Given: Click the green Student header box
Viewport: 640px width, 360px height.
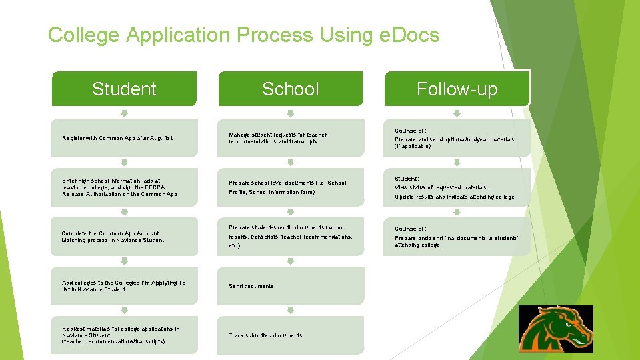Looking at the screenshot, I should [x=124, y=89].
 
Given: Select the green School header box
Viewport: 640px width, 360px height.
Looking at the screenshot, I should [x=291, y=89].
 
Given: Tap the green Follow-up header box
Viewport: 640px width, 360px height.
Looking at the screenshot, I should [x=457, y=89].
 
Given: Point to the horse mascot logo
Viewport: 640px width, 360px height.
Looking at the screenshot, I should [x=556, y=329].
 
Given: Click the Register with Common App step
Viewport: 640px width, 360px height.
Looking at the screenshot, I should [x=124, y=138].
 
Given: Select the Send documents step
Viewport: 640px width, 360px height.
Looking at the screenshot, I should [x=291, y=286].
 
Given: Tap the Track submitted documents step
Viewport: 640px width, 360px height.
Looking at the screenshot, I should [x=291, y=335].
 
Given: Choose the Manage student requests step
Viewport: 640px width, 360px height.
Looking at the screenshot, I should [x=291, y=138].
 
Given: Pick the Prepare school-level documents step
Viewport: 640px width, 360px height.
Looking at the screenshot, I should [x=291, y=187].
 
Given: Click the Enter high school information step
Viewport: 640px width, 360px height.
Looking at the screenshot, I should [x=124, y=187].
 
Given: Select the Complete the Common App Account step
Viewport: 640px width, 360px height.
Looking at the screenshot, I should [x=124, y=237].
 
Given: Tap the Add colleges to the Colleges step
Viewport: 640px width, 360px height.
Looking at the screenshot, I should [x=124, y=286].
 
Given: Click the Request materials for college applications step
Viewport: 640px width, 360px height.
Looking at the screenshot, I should [x=124, y=335].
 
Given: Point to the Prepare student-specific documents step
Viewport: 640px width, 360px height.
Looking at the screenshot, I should [x=291, y=237].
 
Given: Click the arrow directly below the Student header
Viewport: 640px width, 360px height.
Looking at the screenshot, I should [x=124, y=113].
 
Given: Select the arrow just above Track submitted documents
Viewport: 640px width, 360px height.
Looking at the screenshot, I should [x=291, y=310].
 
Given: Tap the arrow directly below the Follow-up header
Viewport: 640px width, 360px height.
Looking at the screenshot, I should [x=457, y=113].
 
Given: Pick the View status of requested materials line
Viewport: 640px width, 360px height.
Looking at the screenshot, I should [x=440, y=187].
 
